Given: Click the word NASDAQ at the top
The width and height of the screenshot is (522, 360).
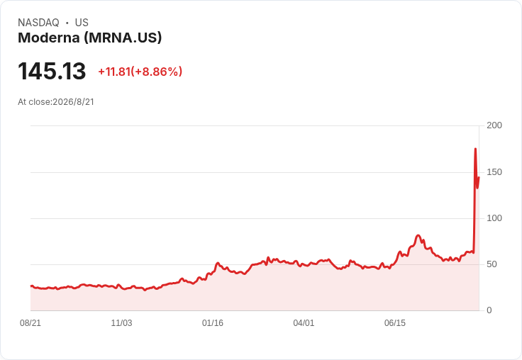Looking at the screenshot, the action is tap(38, 23).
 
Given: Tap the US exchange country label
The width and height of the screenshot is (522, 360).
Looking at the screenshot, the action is tap(82, 23).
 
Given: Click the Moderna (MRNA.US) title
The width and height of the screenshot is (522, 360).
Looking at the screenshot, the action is tap(90, 38).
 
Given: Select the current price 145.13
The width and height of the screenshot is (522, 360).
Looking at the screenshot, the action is tap(52, 71).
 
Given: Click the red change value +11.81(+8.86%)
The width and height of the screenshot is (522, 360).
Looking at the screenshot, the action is tap(140, 72).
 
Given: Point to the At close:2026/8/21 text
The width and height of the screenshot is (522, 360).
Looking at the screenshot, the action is tap(56, 102).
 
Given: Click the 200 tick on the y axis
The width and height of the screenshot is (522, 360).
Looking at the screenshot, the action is tap(494, 125).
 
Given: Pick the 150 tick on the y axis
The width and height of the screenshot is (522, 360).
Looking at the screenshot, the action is tap(494, 172).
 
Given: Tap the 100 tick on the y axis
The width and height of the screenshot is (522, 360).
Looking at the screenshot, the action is tap(494, 218).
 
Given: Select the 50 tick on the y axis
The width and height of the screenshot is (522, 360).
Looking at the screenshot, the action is tap(492, 264).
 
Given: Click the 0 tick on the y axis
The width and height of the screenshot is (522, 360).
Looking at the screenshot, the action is tap(489, 310).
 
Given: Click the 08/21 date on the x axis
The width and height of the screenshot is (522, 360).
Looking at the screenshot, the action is tap(30, 323).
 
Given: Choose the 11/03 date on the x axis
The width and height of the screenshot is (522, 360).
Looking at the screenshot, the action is tap(121, 323).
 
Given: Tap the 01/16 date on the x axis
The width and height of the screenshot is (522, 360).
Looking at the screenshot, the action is tap(213, 323).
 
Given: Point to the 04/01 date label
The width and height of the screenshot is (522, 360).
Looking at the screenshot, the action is tap(304, 323).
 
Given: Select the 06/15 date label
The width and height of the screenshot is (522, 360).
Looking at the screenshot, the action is tap(395, 323).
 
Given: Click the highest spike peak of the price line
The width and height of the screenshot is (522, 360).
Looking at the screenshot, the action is tap(475, 149).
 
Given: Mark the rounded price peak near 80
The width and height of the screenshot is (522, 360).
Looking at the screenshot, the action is tap(418, 235).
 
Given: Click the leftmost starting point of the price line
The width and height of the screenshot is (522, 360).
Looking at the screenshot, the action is tap(31, 286).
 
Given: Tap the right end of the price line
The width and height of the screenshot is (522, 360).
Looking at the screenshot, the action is tap(479, 177).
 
